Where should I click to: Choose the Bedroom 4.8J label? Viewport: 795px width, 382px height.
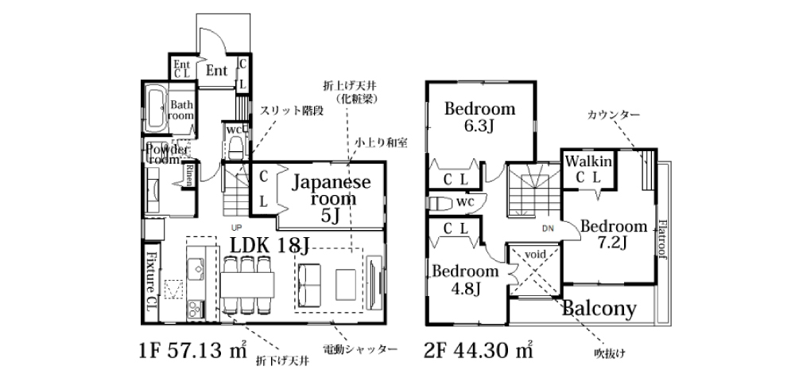[x=465, y=279]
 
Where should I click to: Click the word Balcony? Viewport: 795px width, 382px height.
[x=600, y=308]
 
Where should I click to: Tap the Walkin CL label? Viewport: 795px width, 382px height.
[x=588, y=169]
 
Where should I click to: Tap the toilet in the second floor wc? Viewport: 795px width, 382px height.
[x=440, y=202]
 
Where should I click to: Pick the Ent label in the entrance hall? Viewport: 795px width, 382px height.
[x=217, y=71]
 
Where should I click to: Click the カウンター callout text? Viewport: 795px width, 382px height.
[x=613, y=115]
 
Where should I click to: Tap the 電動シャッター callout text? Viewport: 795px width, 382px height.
[x=360, y=349]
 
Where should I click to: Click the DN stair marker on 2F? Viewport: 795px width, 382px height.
[x=547, y=229]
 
